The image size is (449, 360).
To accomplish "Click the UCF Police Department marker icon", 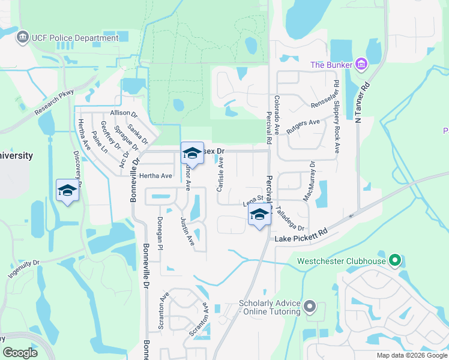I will [23, 38].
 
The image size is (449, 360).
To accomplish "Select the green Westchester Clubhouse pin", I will [394, 261].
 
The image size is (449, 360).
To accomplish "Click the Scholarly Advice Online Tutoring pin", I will [310, 307].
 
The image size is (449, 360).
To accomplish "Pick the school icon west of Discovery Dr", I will [67, 190].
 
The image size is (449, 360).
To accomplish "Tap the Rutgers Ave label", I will [305, 124].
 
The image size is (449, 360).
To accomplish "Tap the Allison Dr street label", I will [124, 114].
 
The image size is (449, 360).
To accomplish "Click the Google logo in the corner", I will [20, 353].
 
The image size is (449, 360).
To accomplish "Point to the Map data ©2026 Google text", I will [411, 355].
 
